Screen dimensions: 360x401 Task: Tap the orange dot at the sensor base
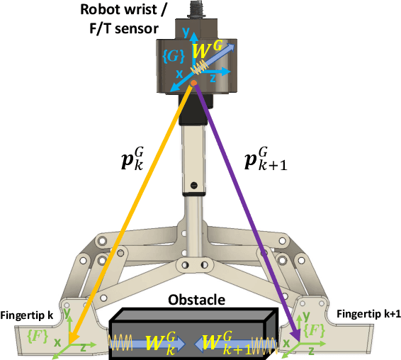pyautogui.click(x=193, y=84)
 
